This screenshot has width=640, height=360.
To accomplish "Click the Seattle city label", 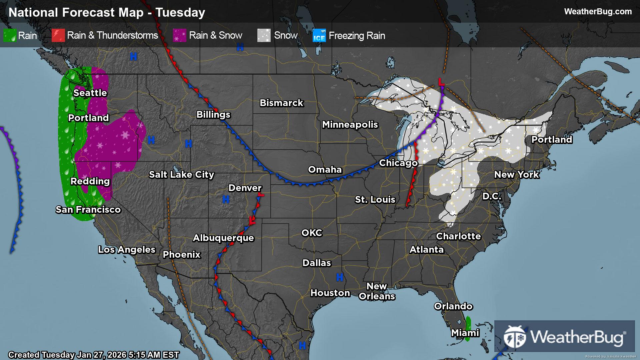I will [x=90, y=93].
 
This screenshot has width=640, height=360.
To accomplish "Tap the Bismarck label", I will [x=281, y=103].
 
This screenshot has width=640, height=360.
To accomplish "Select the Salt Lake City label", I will [x=181, y=174].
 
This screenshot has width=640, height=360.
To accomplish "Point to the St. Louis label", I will [x=375, y=199].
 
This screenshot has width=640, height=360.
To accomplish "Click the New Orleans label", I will [x=377, y=291].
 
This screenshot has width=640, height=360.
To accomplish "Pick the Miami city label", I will [x=465, y=333].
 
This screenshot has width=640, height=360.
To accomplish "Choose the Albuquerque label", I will [x=223, y=238].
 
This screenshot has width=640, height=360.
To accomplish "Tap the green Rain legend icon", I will [x=10, y=35].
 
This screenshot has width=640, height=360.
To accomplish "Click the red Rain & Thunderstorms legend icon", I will [x=58, y=35].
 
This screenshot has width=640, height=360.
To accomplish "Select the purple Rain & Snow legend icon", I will [x=180, y=35].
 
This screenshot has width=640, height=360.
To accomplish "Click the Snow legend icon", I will [x=264, y=35].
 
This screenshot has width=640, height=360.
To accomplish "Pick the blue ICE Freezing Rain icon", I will [x=319, y=36].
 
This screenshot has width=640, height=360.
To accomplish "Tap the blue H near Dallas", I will [x=340, y=277].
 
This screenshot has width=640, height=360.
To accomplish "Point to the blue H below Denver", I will [x=226, y=199].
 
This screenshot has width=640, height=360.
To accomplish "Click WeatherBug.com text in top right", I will [x=598, y=11].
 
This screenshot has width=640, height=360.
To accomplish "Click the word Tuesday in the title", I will [x=180, y=12].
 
